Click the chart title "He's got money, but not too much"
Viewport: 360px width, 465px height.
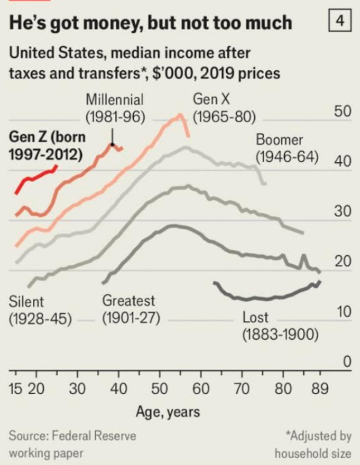tap(151, 22)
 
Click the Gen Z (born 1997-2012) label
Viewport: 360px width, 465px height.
tap(47, 146)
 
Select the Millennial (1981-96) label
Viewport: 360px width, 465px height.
tap(115, 108)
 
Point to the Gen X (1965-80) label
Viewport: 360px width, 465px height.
tap(224, 107)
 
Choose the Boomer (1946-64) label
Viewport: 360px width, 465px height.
tap(287, 148)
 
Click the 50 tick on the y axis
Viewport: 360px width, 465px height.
tap(341, 111)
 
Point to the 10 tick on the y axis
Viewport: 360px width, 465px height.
tap(341, 312)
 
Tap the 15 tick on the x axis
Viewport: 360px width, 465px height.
tap(16, 389)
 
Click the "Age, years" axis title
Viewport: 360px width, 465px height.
tap(168, 412)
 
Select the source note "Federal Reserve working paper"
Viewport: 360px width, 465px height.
tap(73, 443)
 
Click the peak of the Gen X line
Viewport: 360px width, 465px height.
tap(180, 115)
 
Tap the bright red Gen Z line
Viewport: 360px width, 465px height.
tap(36, 176)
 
